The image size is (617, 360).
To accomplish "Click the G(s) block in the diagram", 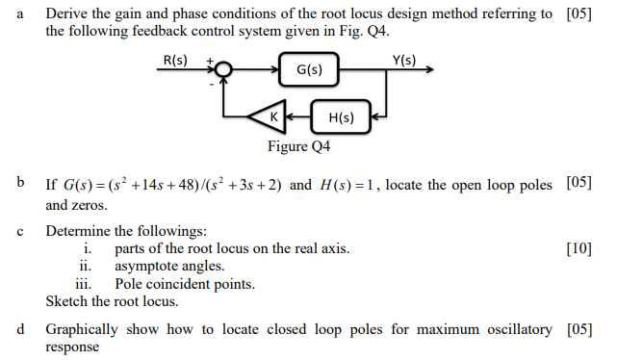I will (309, 70).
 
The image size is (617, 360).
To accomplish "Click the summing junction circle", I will (222, 70).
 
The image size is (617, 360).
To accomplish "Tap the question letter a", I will (19, 14).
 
